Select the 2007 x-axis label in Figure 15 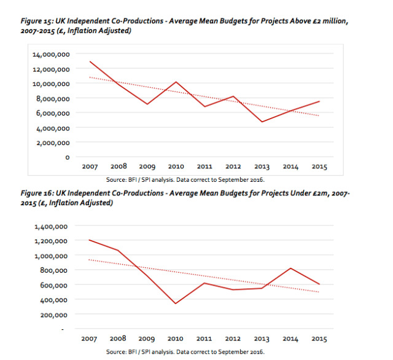point(90,166)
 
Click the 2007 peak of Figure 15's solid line point(90,61)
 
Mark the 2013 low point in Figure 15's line point(262,122)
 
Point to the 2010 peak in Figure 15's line point(176,82)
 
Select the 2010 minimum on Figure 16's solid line point(176,303)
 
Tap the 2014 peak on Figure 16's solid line point(290,268)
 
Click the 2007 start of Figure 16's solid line point(90,240)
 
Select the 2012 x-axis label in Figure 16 point(233,338)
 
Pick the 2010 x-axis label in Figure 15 point(176,166)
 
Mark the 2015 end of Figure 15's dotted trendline point(319,115)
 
